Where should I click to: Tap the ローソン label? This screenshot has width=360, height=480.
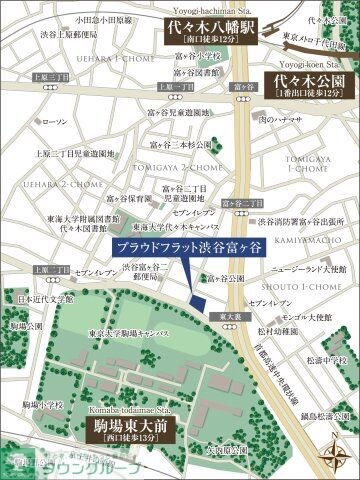[55, 121]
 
